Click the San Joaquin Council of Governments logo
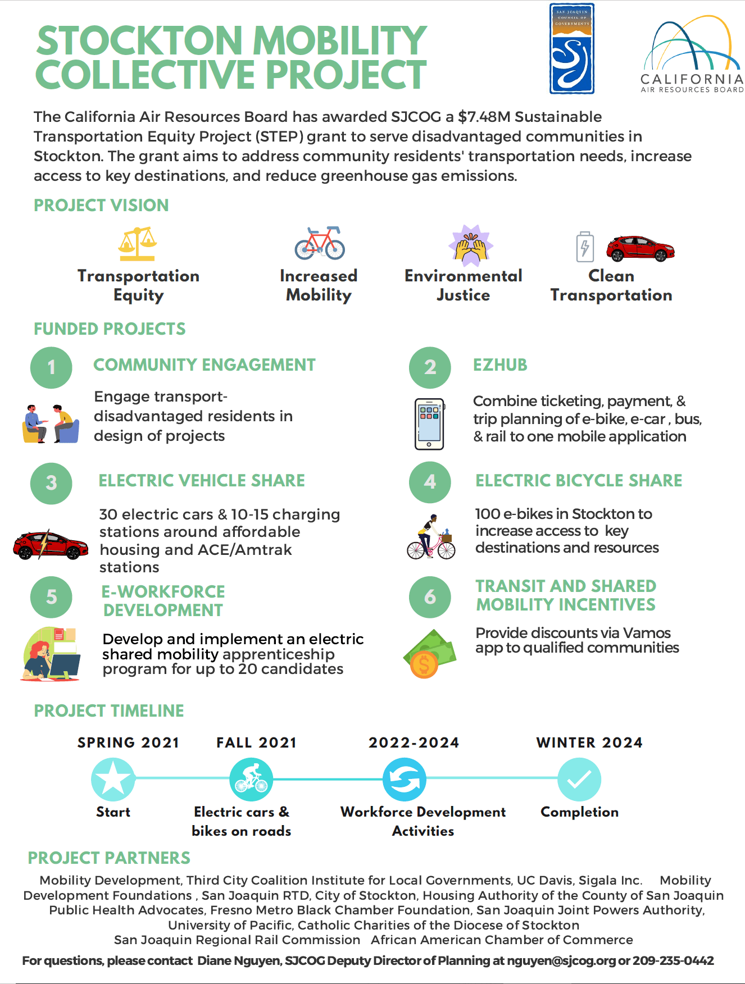[x=571, y=49]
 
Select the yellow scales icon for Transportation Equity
[x=138, y=244]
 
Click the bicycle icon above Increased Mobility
[x=320, y=243]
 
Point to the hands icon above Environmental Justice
[x=471, y=245]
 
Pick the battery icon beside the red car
[x=585, y=247]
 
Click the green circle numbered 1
[x=51, y=368]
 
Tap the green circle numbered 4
[x=430, y=482]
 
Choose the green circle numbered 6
[x=430, y=597]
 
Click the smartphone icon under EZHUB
[x=429, y=424]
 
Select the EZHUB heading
[x=500, y=365]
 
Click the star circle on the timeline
[x=113, y=779]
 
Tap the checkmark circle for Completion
[x=579, y=779]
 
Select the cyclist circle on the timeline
[x=251, y=780]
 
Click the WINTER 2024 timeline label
[x=589, y=742]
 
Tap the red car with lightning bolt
[x=51, y=544]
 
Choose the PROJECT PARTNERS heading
[x=109, y=858]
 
